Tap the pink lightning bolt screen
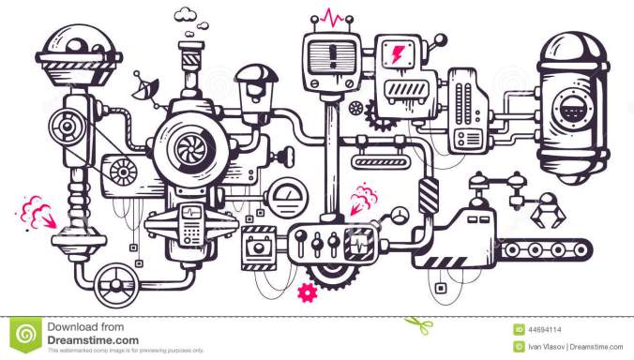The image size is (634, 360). pyautogui.click(x=398, y=53)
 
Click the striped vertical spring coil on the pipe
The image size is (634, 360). pyautogui.click(x=429, y=198)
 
